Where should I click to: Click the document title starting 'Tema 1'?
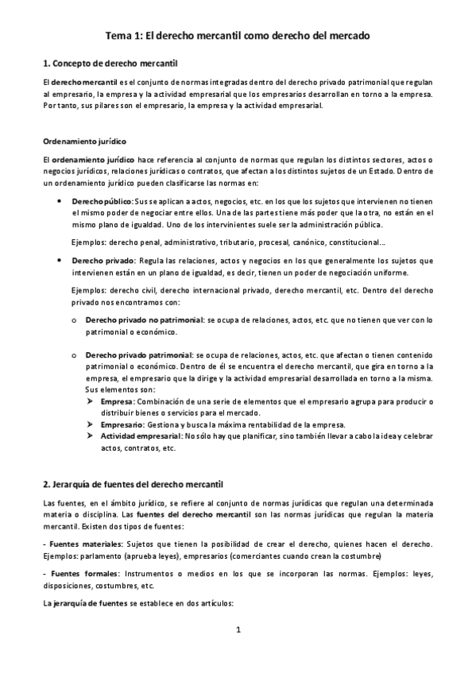(238, 36)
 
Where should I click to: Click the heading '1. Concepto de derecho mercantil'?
(110, 63)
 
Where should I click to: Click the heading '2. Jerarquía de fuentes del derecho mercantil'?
(134, 483)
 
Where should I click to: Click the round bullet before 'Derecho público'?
(60, 202)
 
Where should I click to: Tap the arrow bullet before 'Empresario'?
(89, 425)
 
